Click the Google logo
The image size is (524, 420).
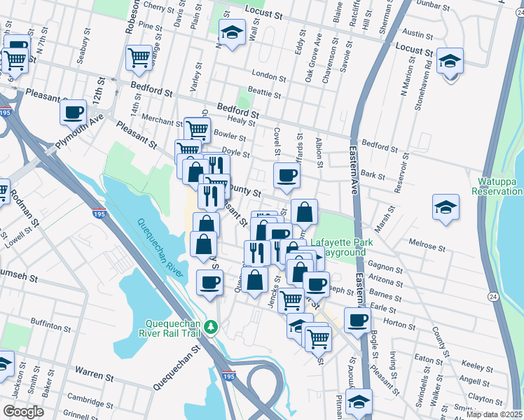point(23,412)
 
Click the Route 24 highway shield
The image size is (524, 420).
point(494,297)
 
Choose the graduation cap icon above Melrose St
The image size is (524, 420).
point(446,206)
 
